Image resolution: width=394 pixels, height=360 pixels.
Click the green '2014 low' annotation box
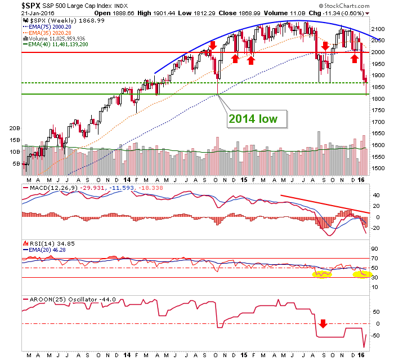point(257,119)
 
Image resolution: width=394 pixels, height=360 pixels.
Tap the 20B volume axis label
point(14,128)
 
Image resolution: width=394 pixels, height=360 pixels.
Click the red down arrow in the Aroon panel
point(323,324)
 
